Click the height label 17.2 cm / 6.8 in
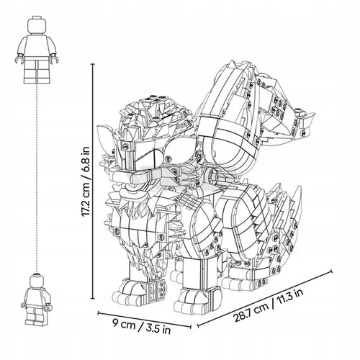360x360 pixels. (86, 182)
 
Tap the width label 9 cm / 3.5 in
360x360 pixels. (142, 326)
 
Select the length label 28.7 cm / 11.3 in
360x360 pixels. (269, 305)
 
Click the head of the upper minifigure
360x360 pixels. (37, 25)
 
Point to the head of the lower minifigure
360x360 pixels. (37, 280)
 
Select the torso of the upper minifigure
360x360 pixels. (37, 46)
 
